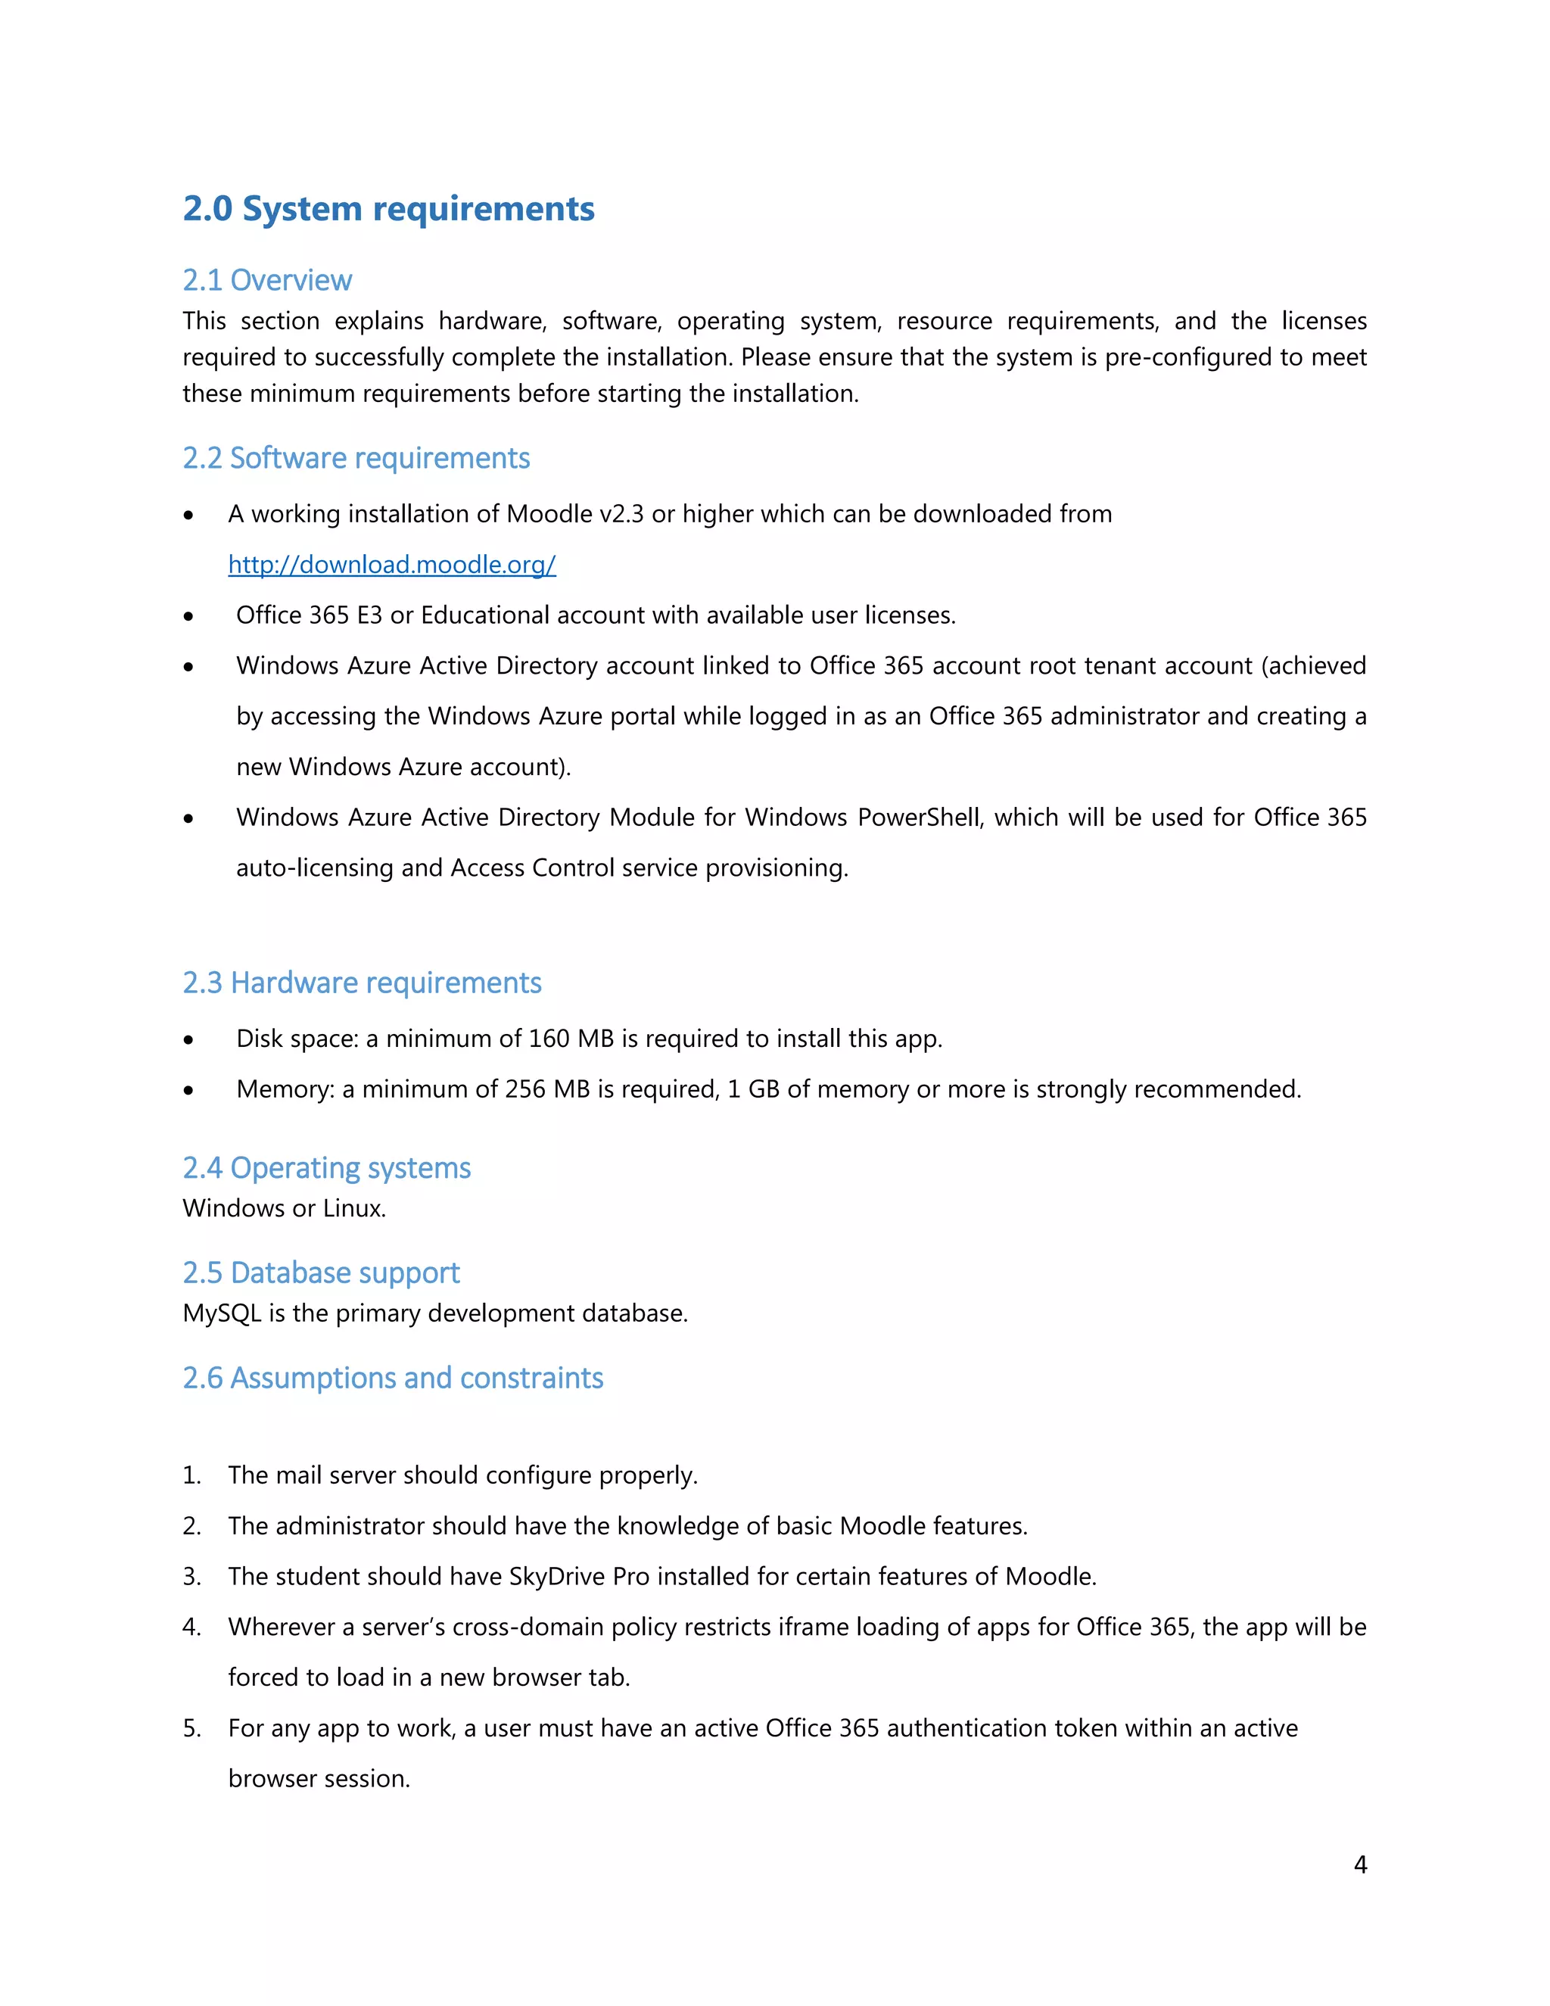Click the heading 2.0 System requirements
[388, 210]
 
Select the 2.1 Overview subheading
[267, 280]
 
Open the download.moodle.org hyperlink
[392, 564]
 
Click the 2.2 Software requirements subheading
[356, 457]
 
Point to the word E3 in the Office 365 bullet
[369, 615]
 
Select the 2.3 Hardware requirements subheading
[362, 983]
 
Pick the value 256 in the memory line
[525, 1089]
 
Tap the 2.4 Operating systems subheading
[326, 1167]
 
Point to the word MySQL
[223, 1313]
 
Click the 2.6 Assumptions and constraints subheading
[393, 1378]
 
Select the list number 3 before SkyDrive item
[191, 1577]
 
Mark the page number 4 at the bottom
[1360, 1864]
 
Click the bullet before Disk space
[188, 1041]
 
